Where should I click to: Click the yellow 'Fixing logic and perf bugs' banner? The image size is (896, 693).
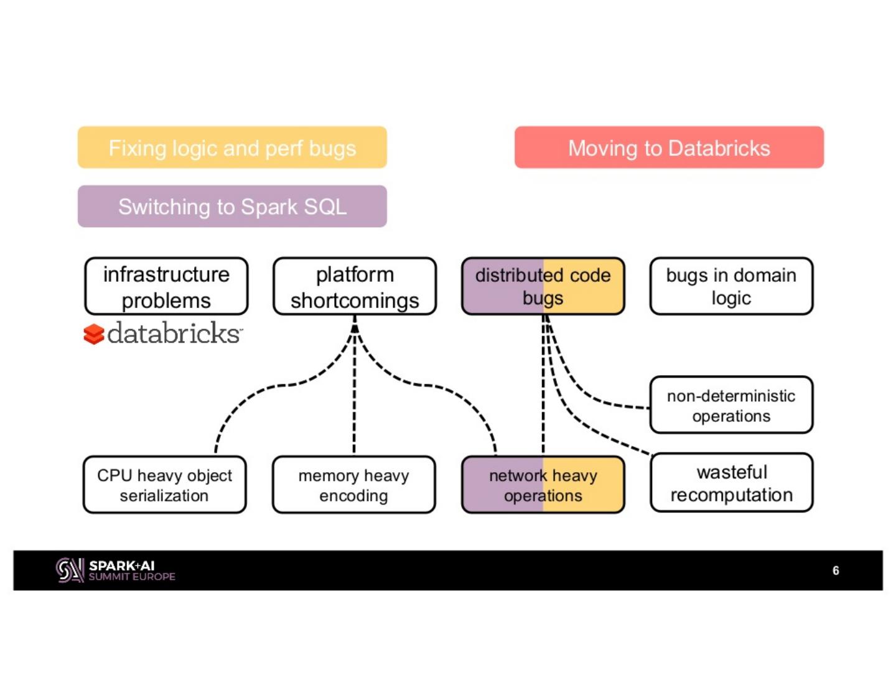pos(232,147)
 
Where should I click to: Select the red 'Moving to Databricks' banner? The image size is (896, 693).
pos(669,147)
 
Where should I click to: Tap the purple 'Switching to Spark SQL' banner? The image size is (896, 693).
pos(232,207)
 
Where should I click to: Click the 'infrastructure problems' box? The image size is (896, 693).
pos(166,287)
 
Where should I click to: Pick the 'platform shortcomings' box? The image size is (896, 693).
pos(355,287)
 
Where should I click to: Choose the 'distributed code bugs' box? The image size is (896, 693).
pos(543,287)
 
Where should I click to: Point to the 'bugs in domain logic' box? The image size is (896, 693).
pos(731,287)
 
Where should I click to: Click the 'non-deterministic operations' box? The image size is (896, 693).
pos(731,406)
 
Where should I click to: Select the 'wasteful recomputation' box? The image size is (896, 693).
pos(731,483)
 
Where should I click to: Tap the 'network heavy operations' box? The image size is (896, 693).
pos(543,485)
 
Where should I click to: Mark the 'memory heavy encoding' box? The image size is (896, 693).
pos(353,485)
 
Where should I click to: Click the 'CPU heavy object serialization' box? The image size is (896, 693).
pos(164,485)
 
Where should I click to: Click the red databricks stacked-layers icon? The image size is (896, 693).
pos(94,334)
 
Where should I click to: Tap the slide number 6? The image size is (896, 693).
pos(836,570)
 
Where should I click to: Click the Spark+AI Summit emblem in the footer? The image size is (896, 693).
pos(70,570)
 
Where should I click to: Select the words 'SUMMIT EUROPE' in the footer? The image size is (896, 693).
pos(132,577)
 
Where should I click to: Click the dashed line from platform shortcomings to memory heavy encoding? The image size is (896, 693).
pos(354,398)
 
